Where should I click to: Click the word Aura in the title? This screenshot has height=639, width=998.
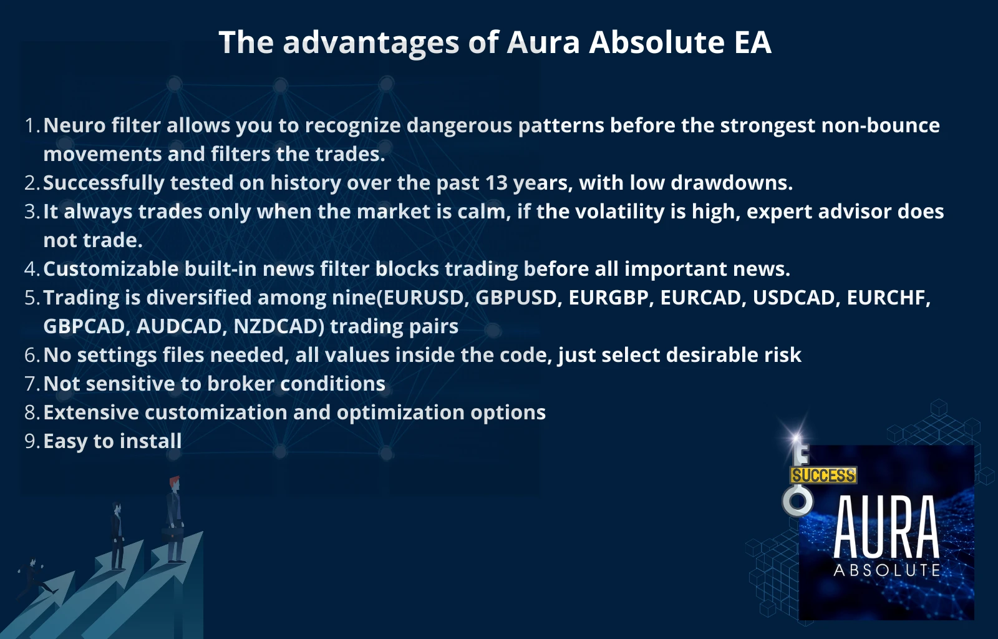[x=543, y=42]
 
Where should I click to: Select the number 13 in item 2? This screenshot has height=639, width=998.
[x=497, y=183]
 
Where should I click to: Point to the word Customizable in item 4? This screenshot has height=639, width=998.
[x=111, y=269]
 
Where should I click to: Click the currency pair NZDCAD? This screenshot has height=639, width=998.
[x=278, y=326]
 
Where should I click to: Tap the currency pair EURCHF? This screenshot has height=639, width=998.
[x=888, y=298]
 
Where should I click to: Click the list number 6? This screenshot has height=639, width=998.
[x=31, y=355]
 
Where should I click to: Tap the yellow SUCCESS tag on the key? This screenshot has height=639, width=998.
[x=823, y=476]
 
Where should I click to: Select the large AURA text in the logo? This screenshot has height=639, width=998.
[x=886, y=527]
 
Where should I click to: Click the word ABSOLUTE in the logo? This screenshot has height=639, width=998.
[x=887, y=570]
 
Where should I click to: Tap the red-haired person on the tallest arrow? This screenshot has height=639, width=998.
[x=175, y=519]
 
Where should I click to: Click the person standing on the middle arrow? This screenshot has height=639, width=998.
[x=117, y=536]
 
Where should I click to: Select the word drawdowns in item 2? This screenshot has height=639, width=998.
[x=732, y=183]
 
